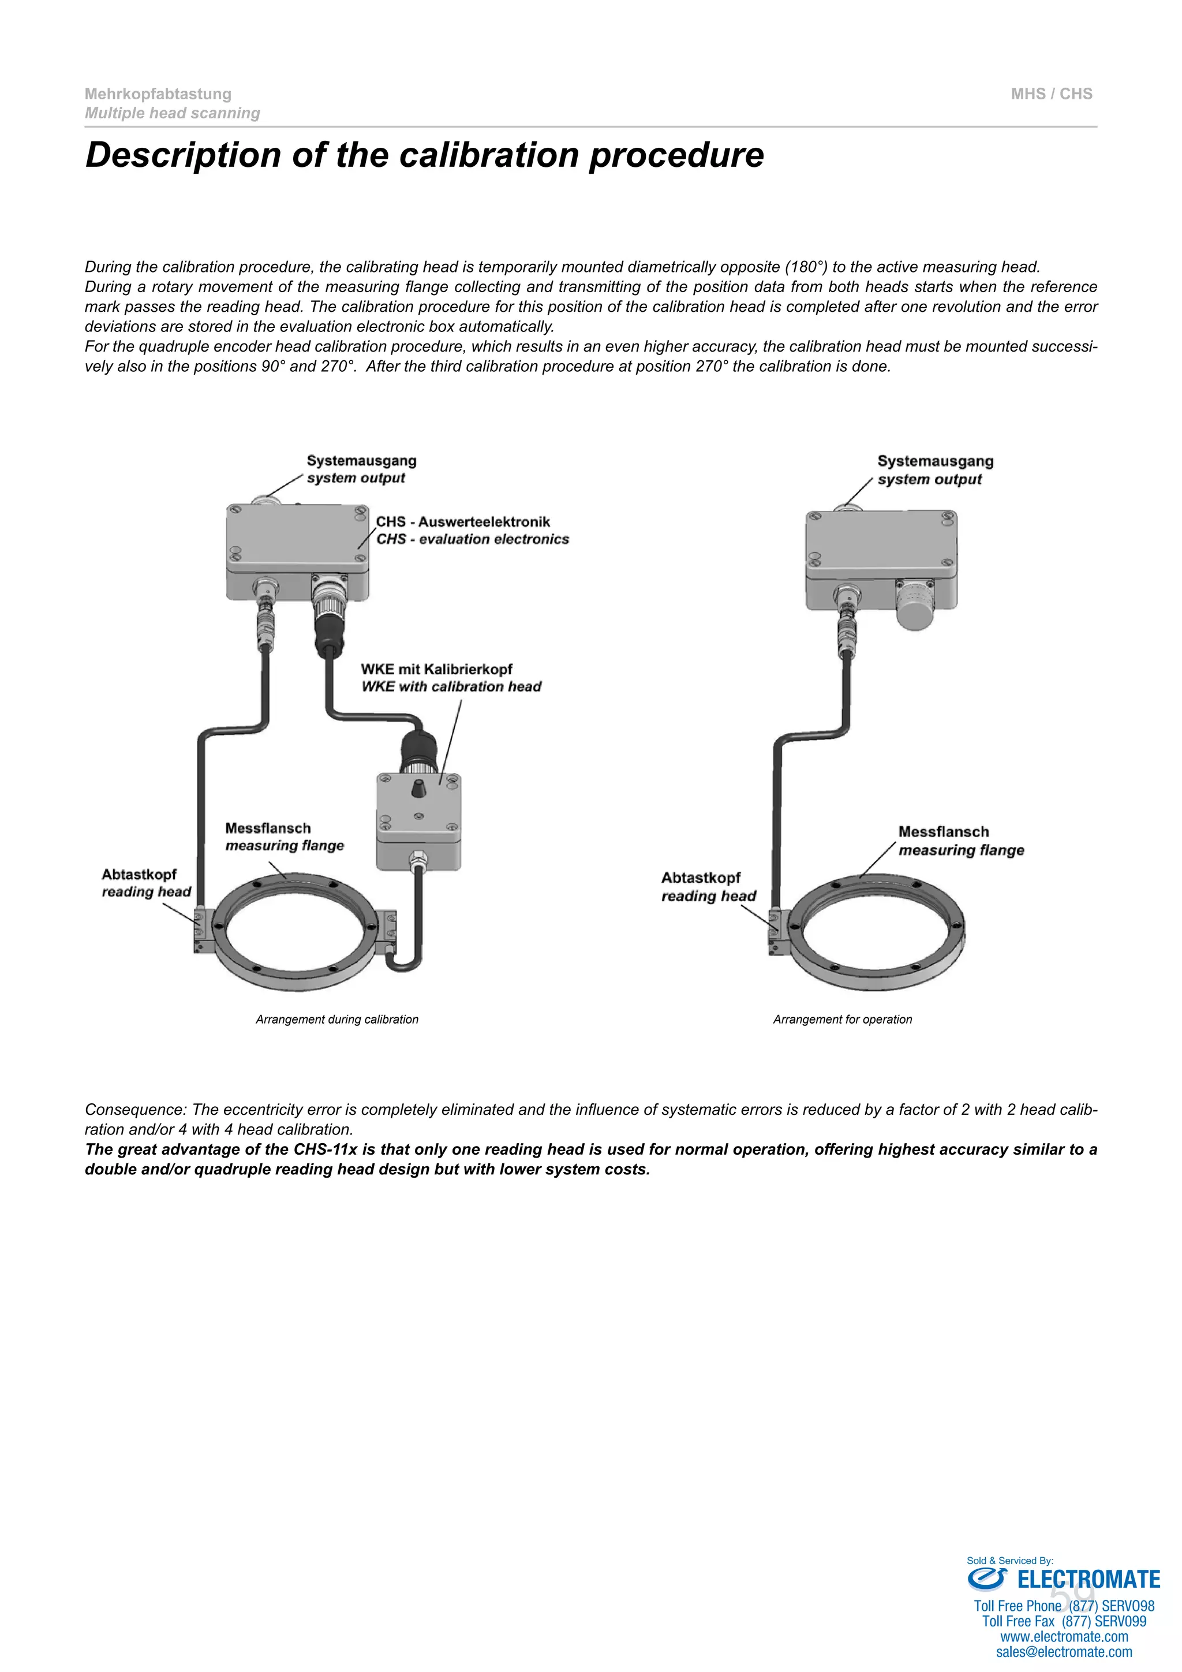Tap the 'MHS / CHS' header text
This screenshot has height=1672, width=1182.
[x=1051, y=94]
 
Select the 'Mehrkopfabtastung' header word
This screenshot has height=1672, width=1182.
[x=158, y=94]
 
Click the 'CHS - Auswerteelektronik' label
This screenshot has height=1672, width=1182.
[x=463, y=522]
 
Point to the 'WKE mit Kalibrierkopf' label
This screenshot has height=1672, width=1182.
[x=437, y=669]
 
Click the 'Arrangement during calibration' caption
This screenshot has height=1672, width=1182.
[x=337, y=1020]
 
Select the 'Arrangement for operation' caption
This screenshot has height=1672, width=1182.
[x=842, y=1020]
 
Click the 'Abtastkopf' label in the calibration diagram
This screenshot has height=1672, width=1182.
[x=139, y=875]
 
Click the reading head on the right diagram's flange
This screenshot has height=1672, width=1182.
[x=775, y=931]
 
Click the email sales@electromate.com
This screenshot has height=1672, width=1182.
[x=1064, y=1652]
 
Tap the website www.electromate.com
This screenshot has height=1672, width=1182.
[x=1064, y=1637]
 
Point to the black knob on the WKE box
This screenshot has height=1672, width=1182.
[x=418, y=788]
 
